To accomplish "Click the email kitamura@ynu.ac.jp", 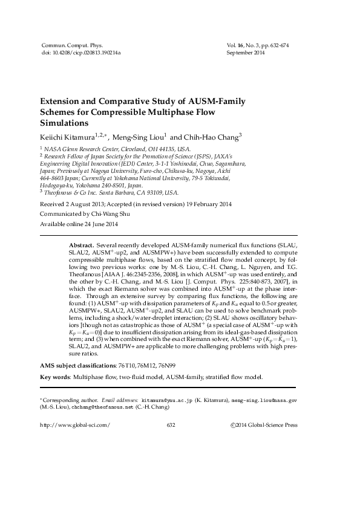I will [166, 400].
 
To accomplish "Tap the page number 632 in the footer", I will [170, 425].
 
